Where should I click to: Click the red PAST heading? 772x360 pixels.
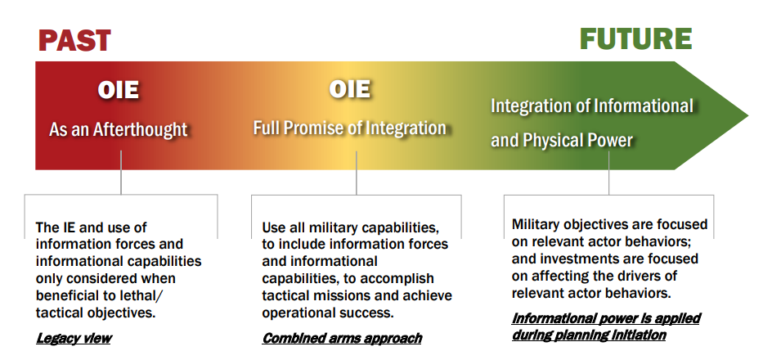coord(74,41)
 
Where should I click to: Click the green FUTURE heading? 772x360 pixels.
coord(635,39)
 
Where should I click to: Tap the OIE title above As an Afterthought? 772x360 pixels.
coord(118,90)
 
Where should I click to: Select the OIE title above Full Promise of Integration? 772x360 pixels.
coord(349,89)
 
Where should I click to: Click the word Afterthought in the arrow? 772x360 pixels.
coord(141,129)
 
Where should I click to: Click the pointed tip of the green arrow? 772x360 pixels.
coord(747,116)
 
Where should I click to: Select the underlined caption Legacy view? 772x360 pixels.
coord(74,339)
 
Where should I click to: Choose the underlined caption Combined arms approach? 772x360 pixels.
coord(342,339)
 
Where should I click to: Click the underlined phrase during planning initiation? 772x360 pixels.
coord(589,335)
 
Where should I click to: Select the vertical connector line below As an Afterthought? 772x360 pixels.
coord(121,173)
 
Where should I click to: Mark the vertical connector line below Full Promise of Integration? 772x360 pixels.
coord(357,173)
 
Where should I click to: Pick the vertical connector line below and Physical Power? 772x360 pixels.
coord(608,173)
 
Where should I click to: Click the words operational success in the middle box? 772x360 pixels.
coord(328,313)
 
